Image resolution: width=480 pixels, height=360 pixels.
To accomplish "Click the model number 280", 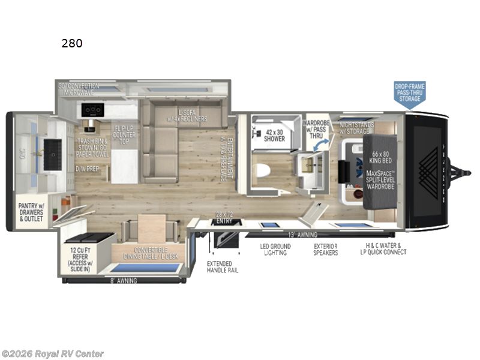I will click(x=71, y=43).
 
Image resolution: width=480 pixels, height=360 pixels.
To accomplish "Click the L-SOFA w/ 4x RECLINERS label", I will click(x=193, y=115).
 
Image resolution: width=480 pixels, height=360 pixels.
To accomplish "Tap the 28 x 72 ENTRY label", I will click(x=224, y=217).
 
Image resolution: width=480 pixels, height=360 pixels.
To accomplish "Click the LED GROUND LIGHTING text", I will click(x=275, y=250).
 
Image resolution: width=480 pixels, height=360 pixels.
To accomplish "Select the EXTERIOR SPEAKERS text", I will click(x=326, y=250).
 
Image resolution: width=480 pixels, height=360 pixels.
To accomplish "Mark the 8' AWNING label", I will click(x=124, y=280).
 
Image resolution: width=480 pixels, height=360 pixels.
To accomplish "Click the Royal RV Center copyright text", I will click(x=52, y=354).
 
